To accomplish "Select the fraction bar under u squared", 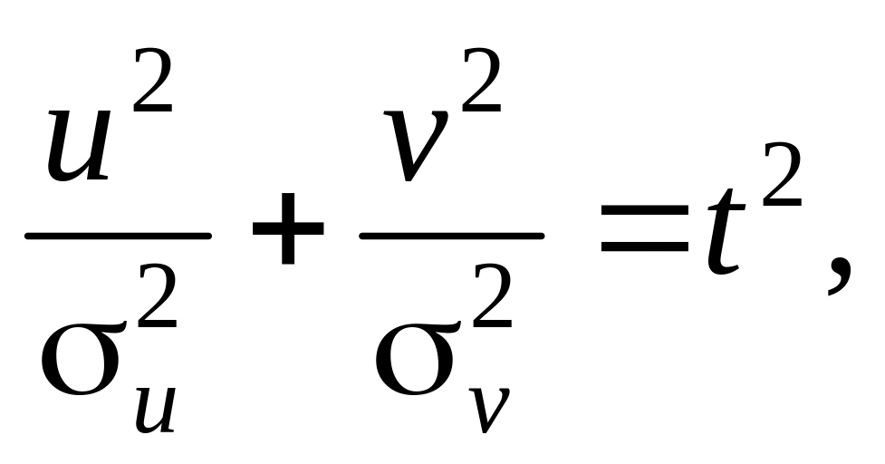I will point(118,236).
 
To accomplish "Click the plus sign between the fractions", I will point(288,234).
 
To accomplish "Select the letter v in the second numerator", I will point(416,145).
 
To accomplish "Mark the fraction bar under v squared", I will point(452,236).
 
